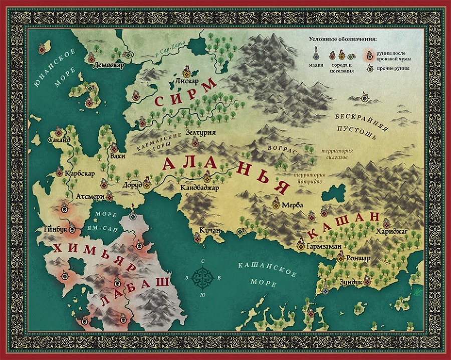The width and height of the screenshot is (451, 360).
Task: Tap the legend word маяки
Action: point(316,65)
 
